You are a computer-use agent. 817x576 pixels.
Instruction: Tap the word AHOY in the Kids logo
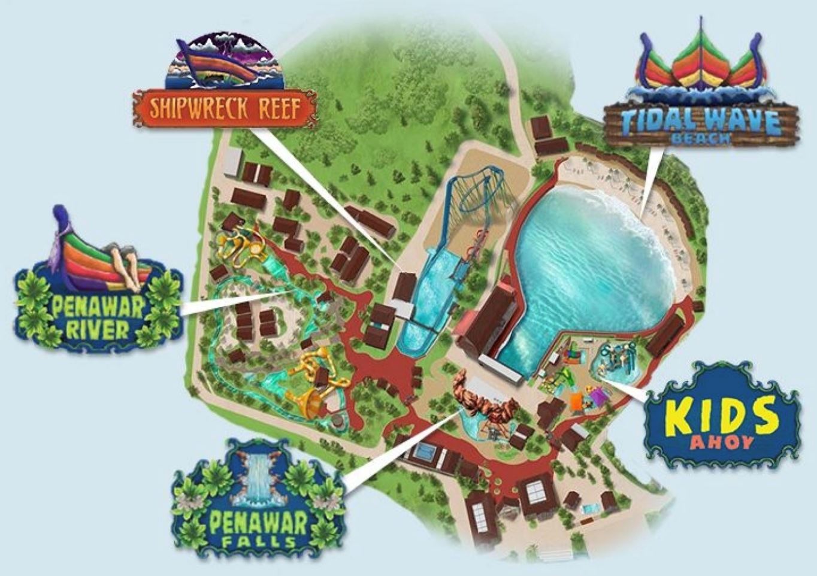[x=722, y=443]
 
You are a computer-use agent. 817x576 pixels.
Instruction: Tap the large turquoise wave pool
[x=593, y=263]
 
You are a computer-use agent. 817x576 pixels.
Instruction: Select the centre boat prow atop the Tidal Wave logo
[x=700, y=60]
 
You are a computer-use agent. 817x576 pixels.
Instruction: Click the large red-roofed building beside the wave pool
[x=488, y=320]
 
